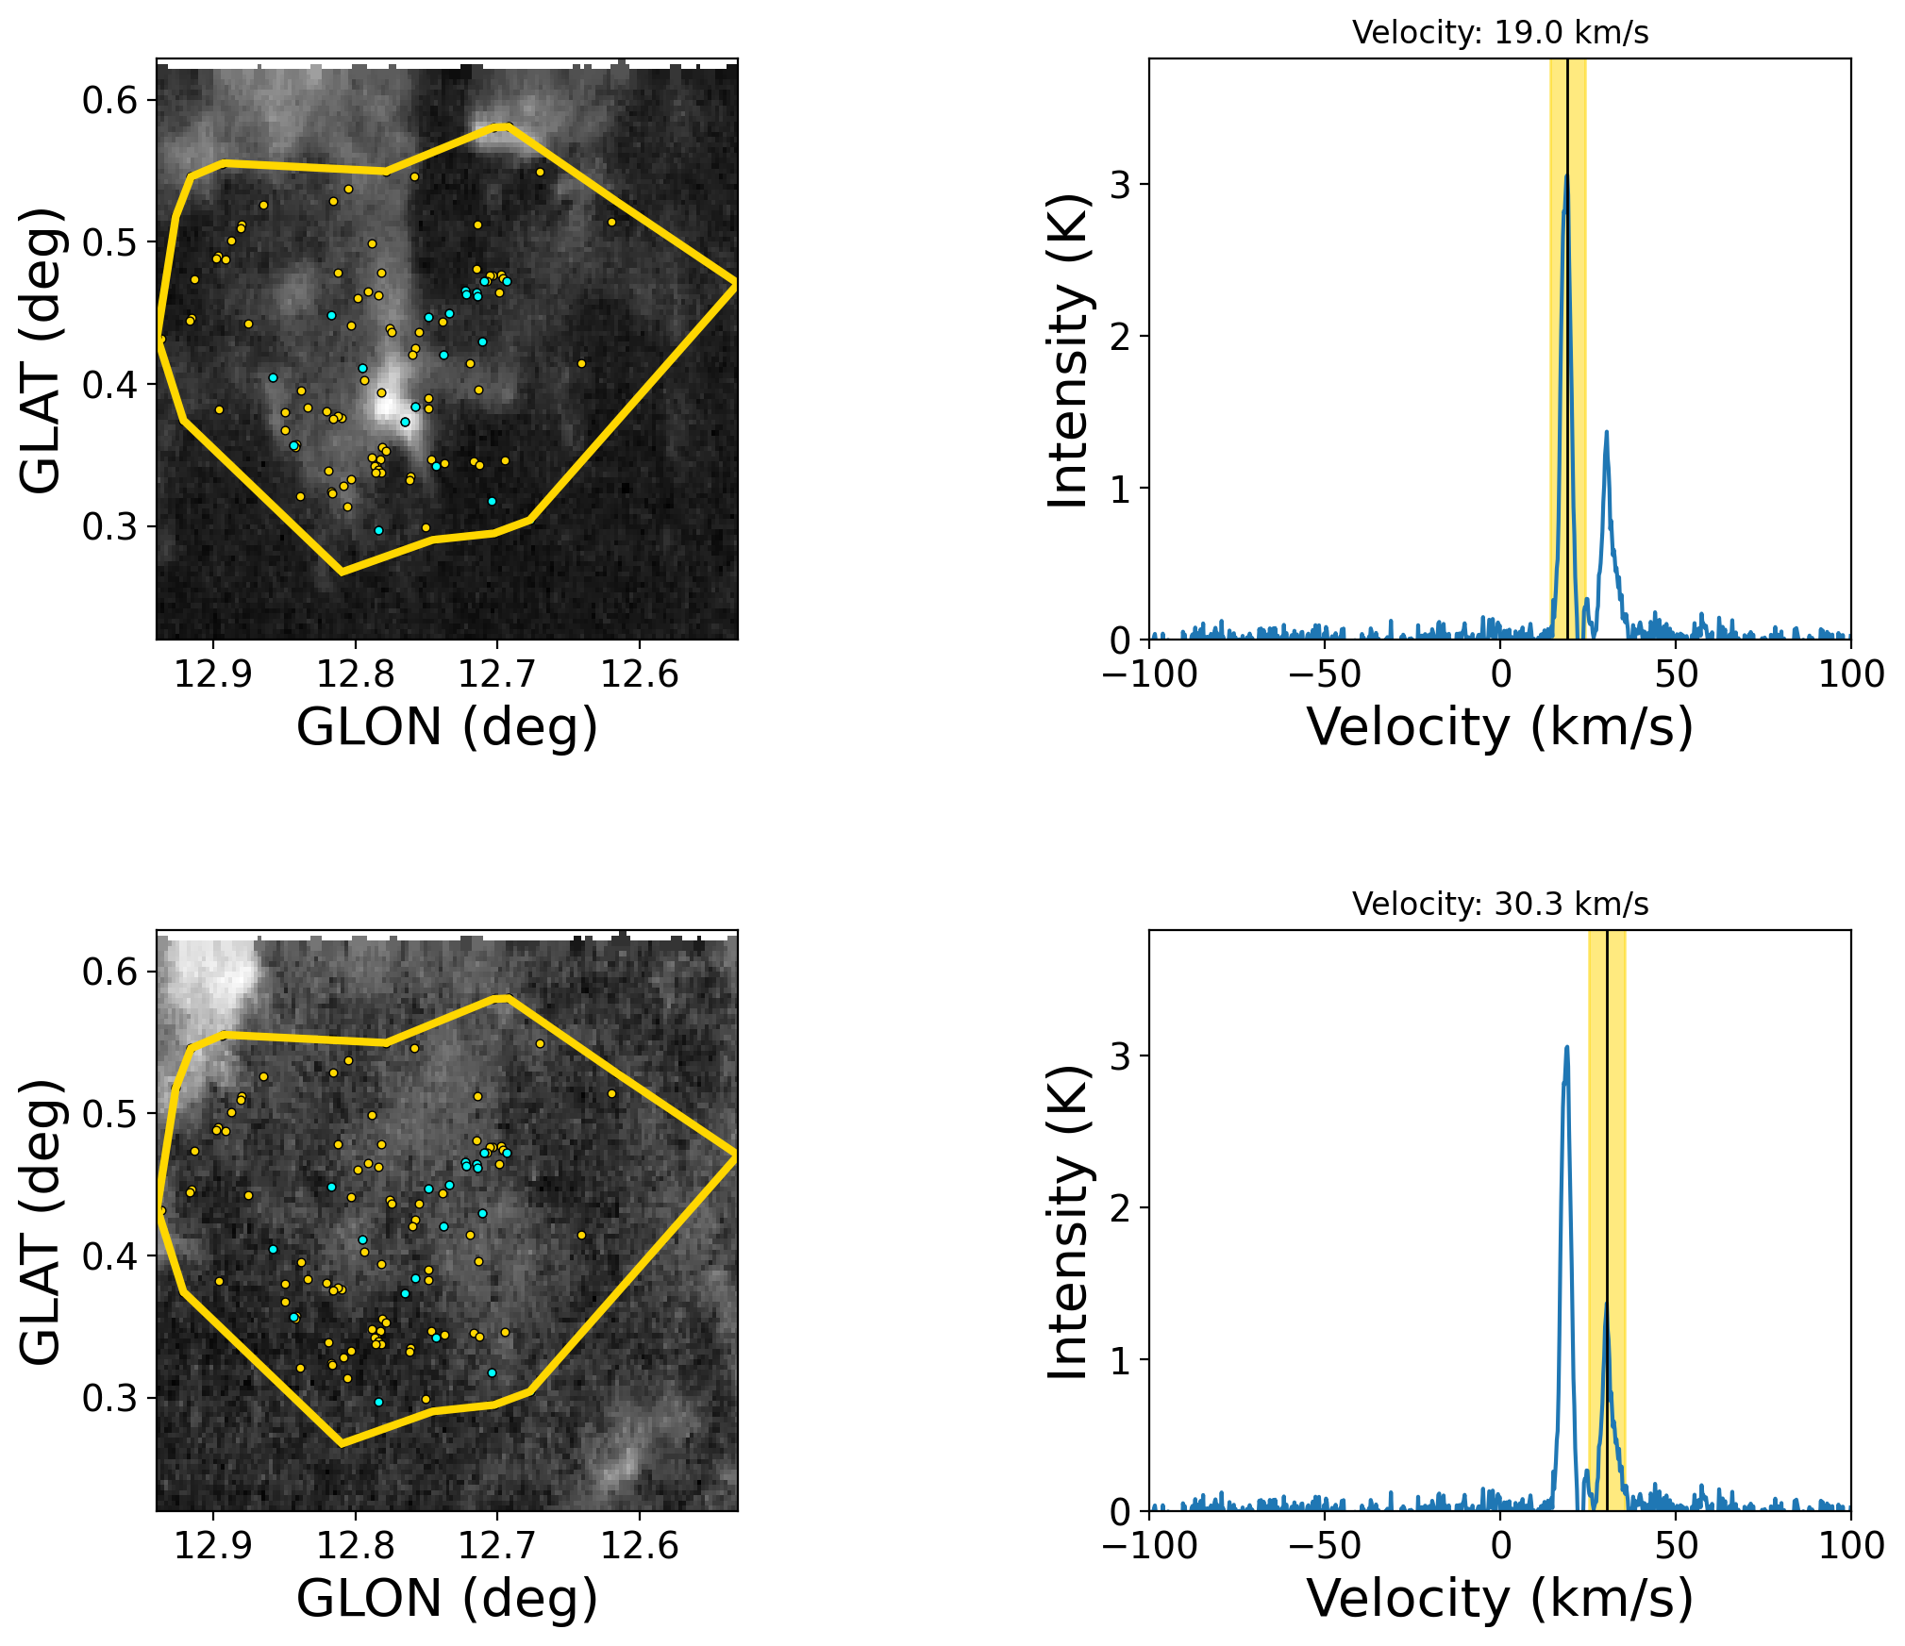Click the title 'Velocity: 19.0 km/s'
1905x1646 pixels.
1499,33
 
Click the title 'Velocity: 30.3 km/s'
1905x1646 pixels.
1499,905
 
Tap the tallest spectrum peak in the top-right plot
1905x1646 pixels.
1566,177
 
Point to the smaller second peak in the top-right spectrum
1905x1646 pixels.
1606,433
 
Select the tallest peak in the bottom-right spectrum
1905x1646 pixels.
1566,1048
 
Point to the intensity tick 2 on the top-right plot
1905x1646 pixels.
1120,337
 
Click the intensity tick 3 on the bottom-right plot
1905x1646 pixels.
1120,1056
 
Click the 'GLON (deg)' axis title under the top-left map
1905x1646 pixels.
447,727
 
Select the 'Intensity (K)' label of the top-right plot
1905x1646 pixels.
1069,350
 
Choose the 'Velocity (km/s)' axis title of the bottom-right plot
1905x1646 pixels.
1499,1599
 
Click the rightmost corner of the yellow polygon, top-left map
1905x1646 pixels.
735,282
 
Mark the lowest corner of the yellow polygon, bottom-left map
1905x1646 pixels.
342,1443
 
